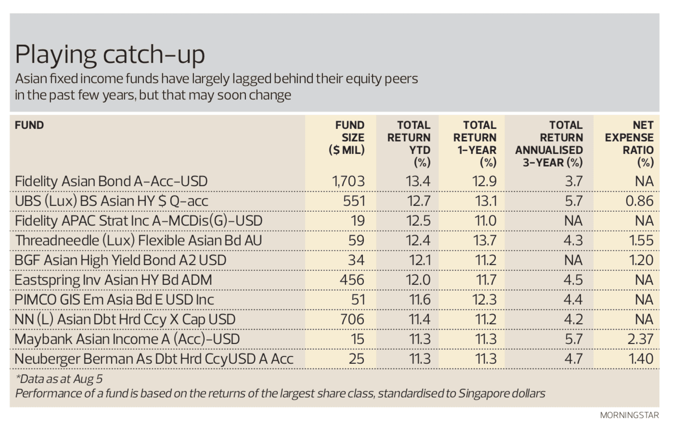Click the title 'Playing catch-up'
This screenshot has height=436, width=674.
point(110,54)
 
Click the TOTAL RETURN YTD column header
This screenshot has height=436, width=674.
point(409,143)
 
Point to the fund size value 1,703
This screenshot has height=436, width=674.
point(348,181)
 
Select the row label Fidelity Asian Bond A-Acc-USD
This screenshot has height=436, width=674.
point(111,181)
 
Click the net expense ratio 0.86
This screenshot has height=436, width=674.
point(639,201)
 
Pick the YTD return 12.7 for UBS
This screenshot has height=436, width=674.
point(418,201)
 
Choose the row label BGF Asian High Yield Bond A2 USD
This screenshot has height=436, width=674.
point(120,260)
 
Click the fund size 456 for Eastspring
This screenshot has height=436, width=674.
point(352,280)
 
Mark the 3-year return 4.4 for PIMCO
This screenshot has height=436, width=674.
point(573,300)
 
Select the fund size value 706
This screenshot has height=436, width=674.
point(352,320)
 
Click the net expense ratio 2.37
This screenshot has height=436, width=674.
point(640,339)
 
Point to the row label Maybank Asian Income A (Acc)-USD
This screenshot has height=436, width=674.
point(127,339)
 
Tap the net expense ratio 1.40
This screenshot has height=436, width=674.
point(641,359)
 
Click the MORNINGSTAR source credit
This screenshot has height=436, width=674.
point(629,415)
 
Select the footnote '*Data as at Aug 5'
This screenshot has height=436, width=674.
point(59,379)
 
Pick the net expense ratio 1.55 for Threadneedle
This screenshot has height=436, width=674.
point(641,241)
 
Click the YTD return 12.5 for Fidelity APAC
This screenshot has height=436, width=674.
point(418,221)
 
